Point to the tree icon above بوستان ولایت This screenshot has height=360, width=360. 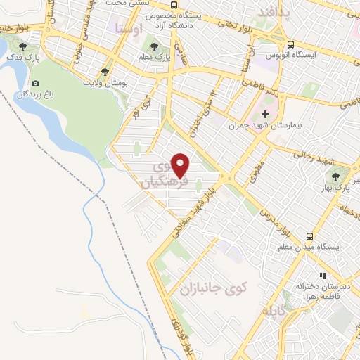point(105,71)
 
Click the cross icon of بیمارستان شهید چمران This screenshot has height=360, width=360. point(265,114)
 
